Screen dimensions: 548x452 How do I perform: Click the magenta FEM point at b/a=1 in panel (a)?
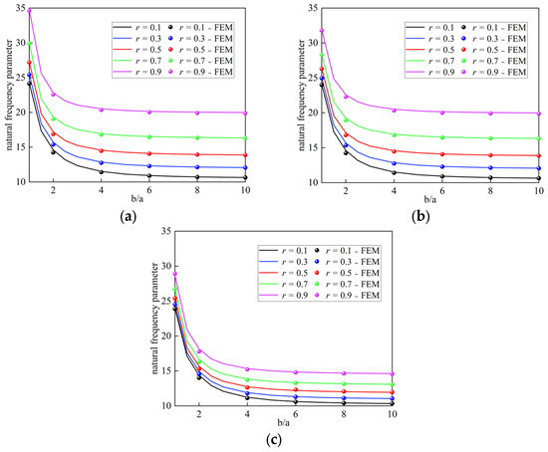[29, 11]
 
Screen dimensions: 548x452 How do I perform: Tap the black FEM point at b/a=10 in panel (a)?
[245, 177]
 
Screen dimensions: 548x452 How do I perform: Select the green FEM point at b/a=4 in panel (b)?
[394, 134]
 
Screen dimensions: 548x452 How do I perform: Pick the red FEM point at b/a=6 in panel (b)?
[442, 154]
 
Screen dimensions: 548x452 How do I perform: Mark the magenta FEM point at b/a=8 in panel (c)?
[344, 373]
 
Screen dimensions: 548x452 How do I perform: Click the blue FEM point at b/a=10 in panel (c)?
[393, 398]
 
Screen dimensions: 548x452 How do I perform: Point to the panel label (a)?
[128, 217]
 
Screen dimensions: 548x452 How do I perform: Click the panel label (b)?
[420, 217]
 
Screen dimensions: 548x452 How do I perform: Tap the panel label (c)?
[274, 440]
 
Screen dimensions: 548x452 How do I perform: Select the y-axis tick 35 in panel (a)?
[21, 8]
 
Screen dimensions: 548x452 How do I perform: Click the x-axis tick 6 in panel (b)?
[442, 191]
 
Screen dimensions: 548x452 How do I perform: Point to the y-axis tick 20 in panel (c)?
[167, 337]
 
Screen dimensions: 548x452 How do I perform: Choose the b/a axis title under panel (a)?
[137, 199]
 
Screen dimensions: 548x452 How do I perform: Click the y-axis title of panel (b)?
[301, 95]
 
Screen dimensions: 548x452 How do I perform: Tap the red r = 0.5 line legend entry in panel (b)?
[429, 50]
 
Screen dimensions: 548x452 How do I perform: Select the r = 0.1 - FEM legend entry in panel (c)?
[348, 251]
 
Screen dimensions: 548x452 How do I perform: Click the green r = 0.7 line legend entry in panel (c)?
[283, 284]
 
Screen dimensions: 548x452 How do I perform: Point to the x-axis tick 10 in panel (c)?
[393, 414]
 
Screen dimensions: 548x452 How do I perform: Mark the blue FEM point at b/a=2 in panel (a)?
[53, 144]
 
